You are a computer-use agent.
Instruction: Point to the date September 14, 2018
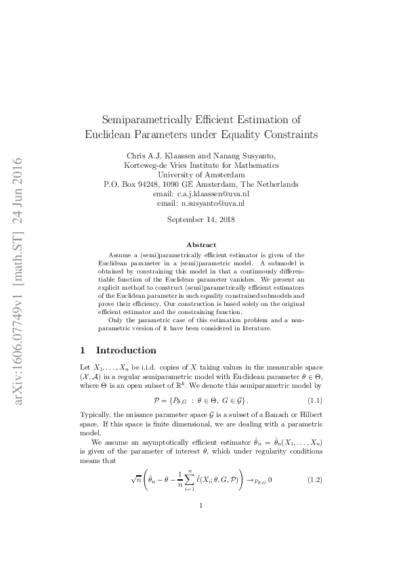200,219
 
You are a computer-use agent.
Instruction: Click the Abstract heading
201,244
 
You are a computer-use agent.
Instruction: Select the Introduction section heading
126,351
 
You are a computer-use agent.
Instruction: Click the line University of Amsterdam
201,174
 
